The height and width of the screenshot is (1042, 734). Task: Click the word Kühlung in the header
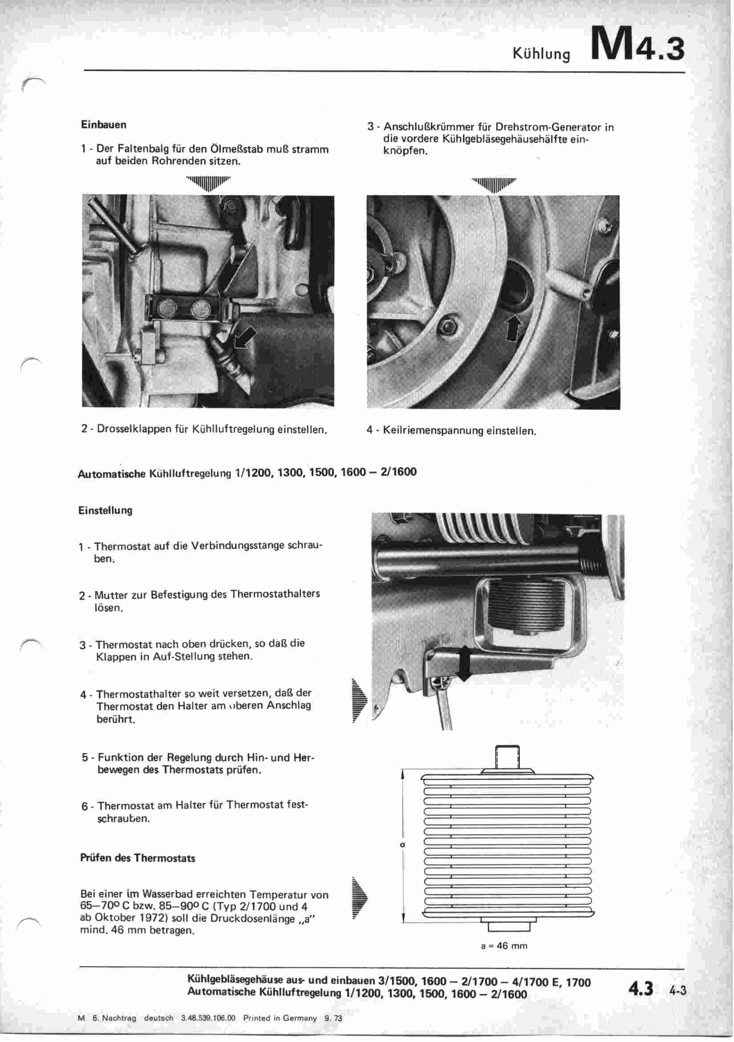pos(541,54)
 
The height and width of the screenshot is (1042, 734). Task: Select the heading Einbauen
pos(103,124)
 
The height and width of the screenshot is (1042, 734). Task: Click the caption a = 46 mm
pos(504,946)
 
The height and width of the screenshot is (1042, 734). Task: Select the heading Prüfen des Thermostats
pos(138,858)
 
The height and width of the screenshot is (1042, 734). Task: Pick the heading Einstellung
pos(105,510)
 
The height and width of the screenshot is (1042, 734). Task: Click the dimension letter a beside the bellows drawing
pos(402,845)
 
